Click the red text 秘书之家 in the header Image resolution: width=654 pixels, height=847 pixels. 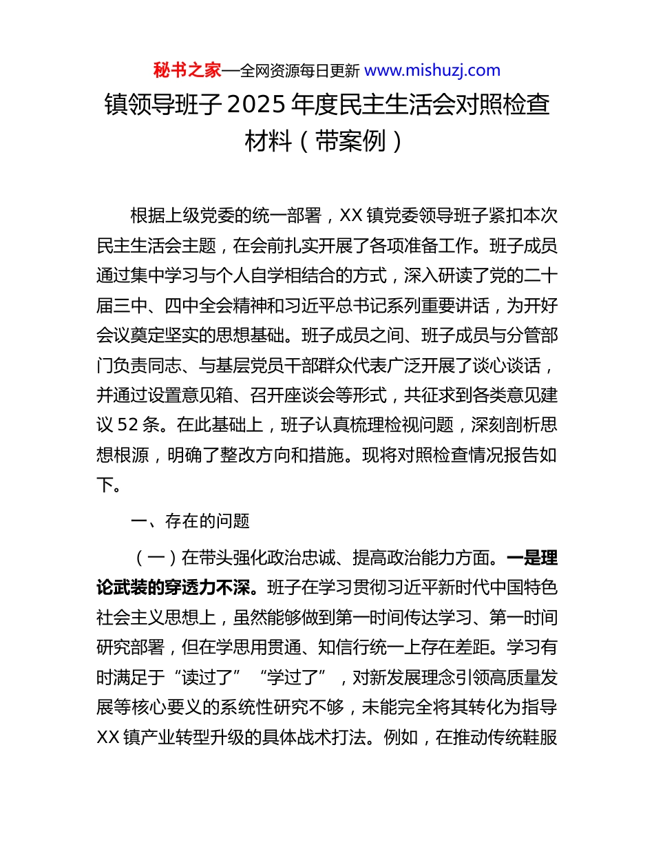(x=187, y=70)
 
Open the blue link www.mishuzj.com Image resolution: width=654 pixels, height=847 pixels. (x=432, y=70)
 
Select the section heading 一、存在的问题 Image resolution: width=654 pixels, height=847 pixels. (x=190, y=521)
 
